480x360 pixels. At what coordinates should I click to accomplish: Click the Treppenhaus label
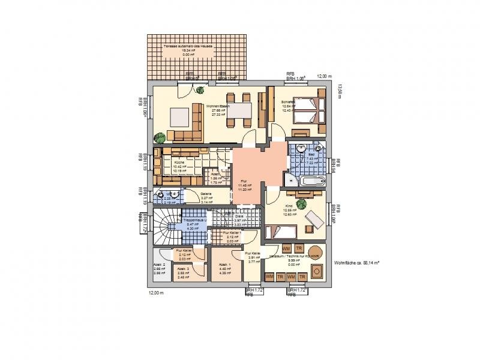(x=194, y=221)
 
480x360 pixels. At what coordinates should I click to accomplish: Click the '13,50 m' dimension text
(x=340, y=92)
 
